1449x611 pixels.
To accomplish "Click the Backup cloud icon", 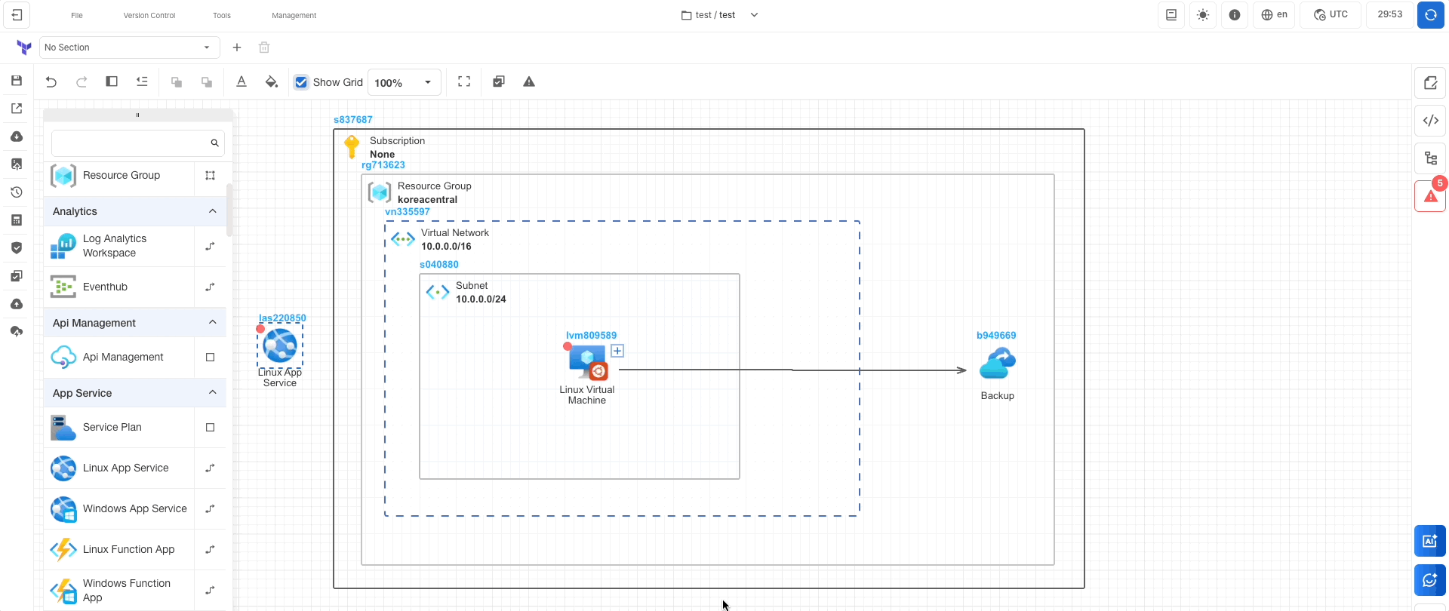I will click(x=997, y=364).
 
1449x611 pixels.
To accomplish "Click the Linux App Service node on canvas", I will click(x=280, y=346).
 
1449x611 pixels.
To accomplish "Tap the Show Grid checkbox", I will click(x=301, y=82).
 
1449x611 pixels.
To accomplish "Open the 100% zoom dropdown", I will click(x=404, y=82).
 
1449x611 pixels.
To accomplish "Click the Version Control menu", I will click(x=149, y=15).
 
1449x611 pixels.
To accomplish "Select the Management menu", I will click(x=294, y=15).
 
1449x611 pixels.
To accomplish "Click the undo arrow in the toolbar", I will click(x=51, y=82).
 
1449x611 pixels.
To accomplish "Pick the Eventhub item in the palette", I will click(x=105, y=287).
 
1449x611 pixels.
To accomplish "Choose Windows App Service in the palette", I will click(x=134, y=509).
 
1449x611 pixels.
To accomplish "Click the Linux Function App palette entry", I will click(x=128, y=550).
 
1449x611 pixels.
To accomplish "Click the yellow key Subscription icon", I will click(x=352, y=146).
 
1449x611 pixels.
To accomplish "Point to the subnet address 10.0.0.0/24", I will click(x=481, y=299).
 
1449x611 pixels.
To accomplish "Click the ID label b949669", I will click(x=996, y=336).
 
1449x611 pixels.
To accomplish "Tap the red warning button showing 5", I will click(x=1430, y=196).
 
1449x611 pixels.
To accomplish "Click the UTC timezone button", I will click(x=1331, y=15).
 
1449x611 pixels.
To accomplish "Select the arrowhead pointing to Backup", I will click(x=961, y=370).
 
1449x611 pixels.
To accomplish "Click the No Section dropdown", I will click(x=129, y=48).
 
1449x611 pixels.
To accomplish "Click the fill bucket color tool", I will click(x=272, y=82).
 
